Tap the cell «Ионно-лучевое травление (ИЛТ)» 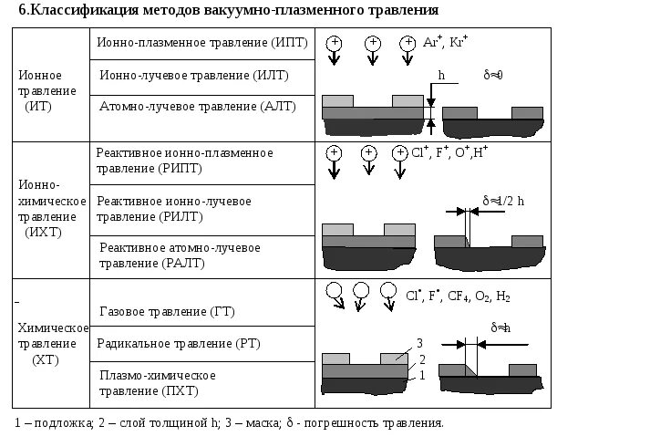[x=201, y=75]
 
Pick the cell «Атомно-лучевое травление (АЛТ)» [x=201, y=106]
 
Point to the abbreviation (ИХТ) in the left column [x=39, y=233]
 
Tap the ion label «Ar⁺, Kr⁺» [x=446, y=44]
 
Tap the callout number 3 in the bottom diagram [x=420, y=342]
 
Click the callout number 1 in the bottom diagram [x=422, y=375]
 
